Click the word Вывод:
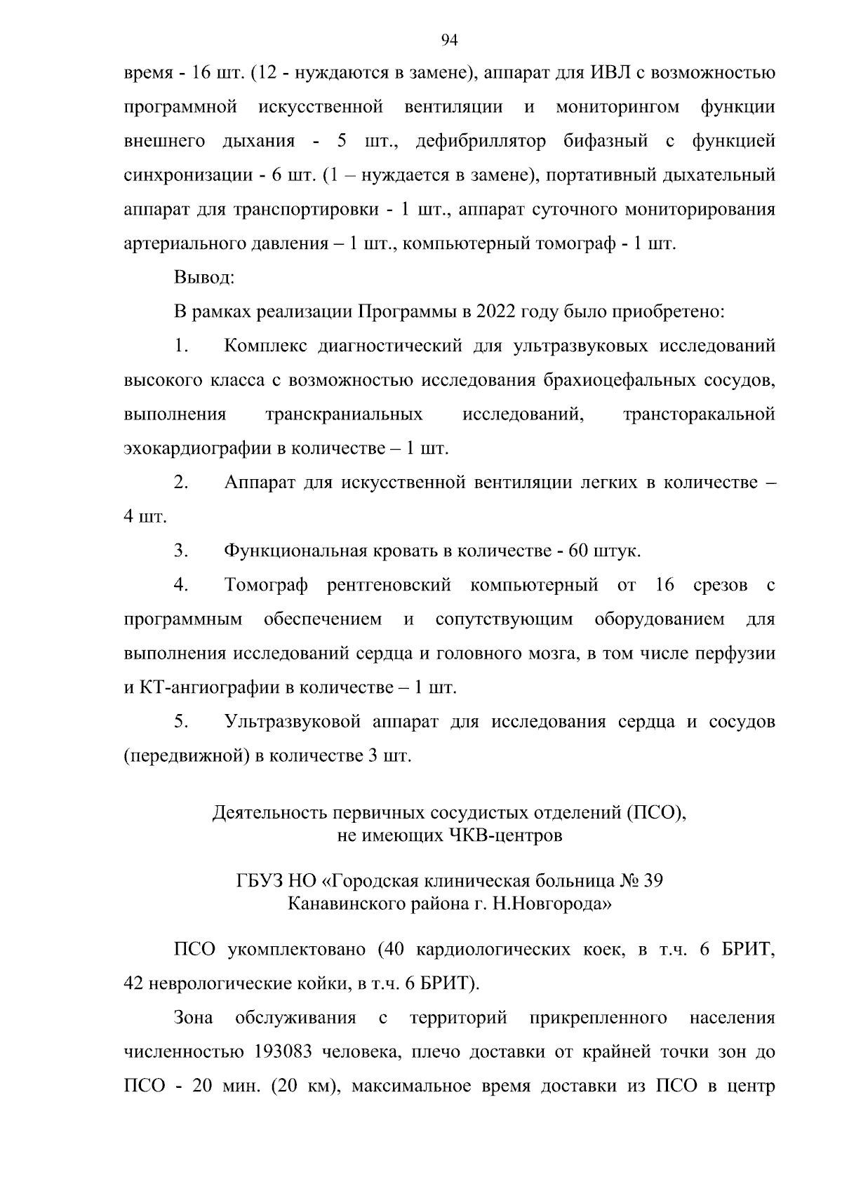tap(204, 278)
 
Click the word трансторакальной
tap(699, 415)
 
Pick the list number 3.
tap(181, 551)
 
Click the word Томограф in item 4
tap(266, 586)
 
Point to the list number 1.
tap(181, 346)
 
